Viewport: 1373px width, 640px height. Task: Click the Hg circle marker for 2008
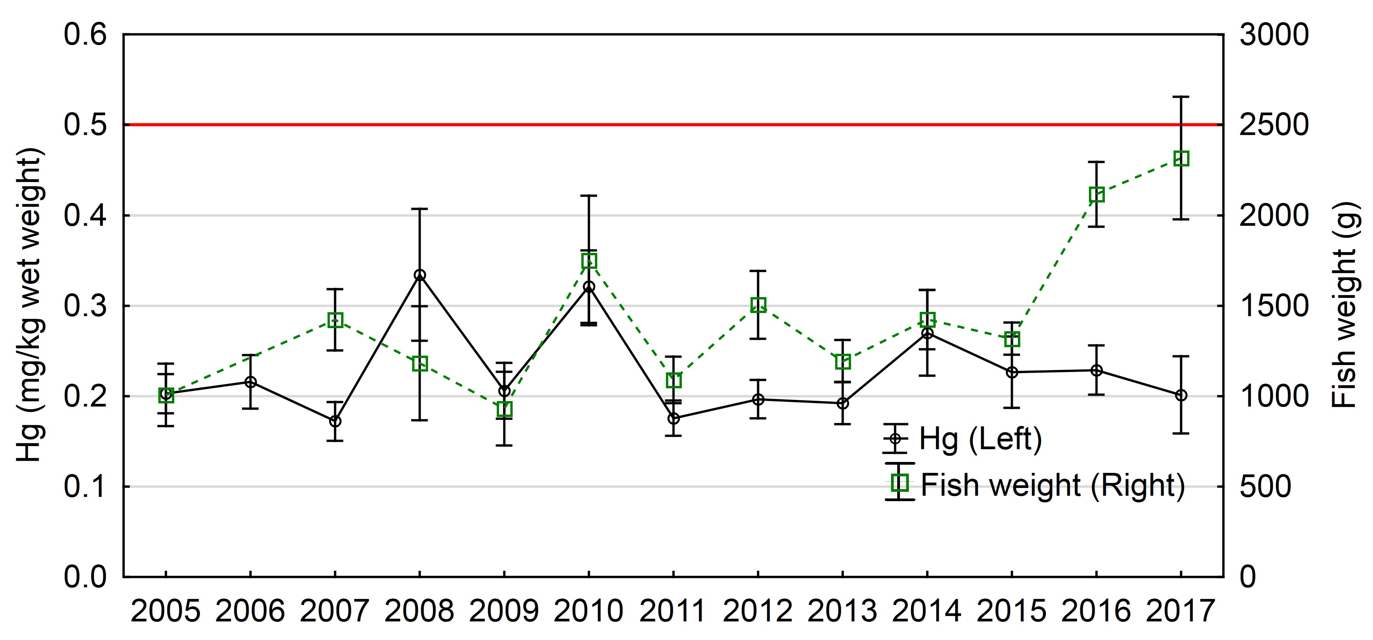tap(420, 275)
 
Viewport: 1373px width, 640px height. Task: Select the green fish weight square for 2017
tap(1181, 158)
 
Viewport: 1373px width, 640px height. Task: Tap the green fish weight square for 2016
tap(1096, 195)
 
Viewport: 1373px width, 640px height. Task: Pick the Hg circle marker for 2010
tap(589, 287)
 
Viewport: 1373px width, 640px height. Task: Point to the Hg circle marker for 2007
tap(335, 421)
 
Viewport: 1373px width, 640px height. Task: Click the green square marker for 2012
tap(758, 305)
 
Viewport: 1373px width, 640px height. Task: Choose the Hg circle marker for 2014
tap(927, 334)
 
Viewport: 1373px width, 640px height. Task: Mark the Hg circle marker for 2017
tap(1181, 395)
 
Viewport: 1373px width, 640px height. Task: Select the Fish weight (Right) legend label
tap(1053, 486)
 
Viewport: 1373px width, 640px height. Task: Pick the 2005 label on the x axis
tap(166, 611)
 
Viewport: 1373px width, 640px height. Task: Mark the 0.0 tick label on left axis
tap(85, 577)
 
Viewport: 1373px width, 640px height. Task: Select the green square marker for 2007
tap(335, 320)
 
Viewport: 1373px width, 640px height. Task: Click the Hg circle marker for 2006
tap(251, 382)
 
